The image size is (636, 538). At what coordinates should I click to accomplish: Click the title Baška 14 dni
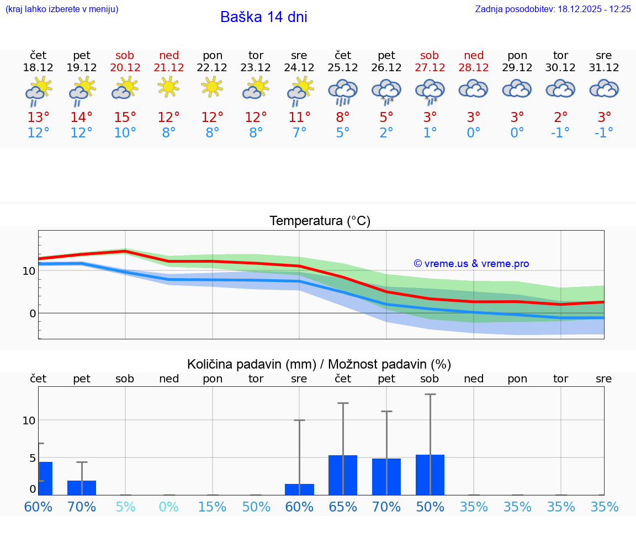pyautogui.click(x=263, y=17)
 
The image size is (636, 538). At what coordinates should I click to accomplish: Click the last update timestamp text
pyautogui.click(x=553, y=9)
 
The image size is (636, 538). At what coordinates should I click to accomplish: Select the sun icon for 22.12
pyautogui.click(x=213, y=87)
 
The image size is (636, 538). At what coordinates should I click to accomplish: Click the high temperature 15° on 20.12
pyautogui.click(x=125, y=118)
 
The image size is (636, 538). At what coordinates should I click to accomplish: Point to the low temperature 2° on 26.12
pyautogui.click(x=386, y=133)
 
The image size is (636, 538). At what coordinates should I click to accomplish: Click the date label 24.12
pyautogui.click(x=299, y=68)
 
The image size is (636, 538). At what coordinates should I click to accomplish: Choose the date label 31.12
pyautogui.click(x=604, y=68)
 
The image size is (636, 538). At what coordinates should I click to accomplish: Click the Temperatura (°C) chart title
pyautogui.click(x=320, y=221)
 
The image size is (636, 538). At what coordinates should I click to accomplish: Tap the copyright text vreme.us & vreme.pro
pyautogui.click(x=471, y=264)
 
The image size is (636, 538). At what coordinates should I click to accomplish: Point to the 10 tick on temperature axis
pyautogui.click(x=29, y=271)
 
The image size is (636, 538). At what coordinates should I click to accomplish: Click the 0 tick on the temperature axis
pyautogui.click(x=33, y=313)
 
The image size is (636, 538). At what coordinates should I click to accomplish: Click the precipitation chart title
pyautogui.click(x=319, y=364)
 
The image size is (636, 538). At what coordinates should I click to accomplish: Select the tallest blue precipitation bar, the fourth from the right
pyautogui.click(x=430, y=475)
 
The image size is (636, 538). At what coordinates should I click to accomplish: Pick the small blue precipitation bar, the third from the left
pyautogui.click(x=299, y=489)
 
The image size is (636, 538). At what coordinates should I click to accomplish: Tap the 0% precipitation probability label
pyautogui.click(x=169, y=507)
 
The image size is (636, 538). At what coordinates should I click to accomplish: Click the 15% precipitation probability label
pyautogui.click(x=213, y=507)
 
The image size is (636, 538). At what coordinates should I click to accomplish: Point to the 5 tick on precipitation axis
pyautogui.click(x=33, y=458)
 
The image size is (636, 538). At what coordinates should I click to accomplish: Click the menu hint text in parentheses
pyautogui.click(x=62, y=9)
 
